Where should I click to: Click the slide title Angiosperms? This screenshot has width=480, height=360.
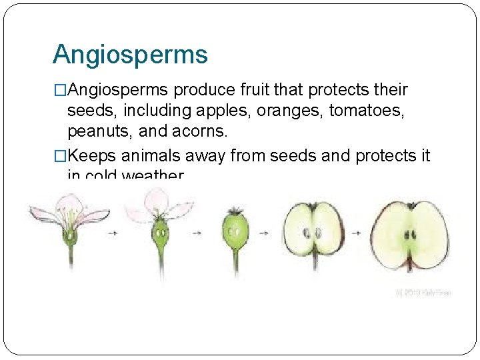(130, 55)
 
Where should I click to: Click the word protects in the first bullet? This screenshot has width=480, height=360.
(343, 89)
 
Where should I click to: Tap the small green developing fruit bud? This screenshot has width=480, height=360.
(235, 230)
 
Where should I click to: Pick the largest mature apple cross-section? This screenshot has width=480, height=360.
(409, 233)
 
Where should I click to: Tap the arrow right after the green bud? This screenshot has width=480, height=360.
(264, 233)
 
